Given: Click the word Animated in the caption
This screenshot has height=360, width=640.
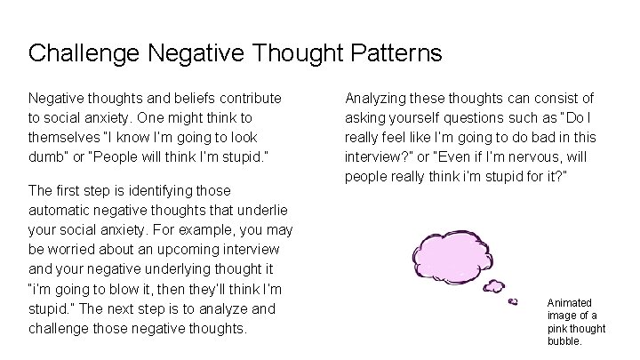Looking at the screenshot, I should click(569, 303).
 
